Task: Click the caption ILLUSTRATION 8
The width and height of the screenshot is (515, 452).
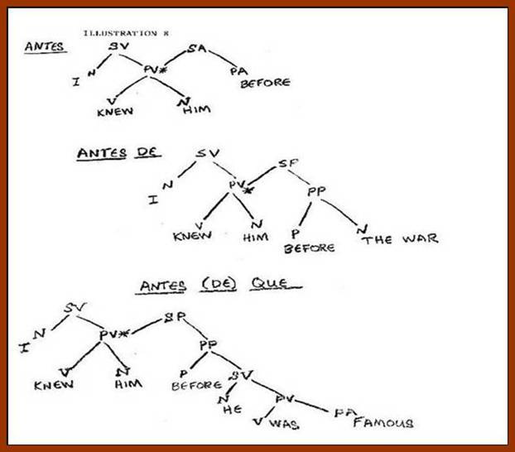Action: [120, 33]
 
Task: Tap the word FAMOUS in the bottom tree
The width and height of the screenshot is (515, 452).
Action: [383, 423]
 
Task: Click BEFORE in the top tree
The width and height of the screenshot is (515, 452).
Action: [265, 83]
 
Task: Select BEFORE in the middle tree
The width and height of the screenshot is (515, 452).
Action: [309, 247]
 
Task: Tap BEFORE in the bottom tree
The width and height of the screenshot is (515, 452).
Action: [197, 384]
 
